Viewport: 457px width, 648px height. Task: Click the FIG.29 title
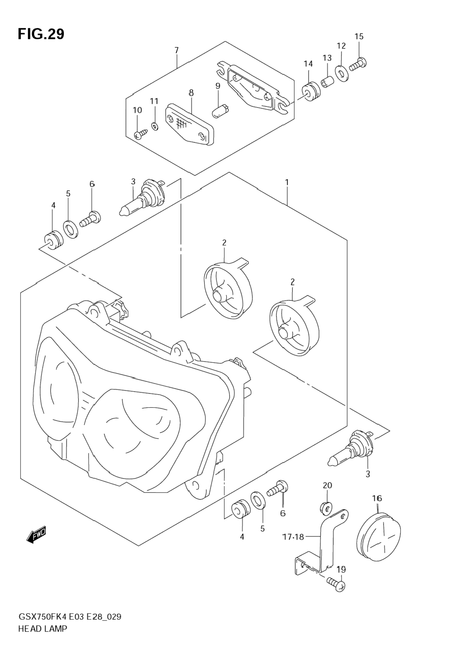tap(41, 34)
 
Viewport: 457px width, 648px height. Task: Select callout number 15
tap(359, 36)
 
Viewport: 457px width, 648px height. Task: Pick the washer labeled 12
tap(342, 73)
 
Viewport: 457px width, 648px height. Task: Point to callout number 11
tap(154, 101)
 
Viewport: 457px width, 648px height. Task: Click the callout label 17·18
tap(293, 537)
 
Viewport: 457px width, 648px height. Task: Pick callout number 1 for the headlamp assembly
tap(287, 182)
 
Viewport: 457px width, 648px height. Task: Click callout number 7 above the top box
tap(177, 50)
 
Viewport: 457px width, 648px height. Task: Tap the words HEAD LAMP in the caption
tap(42, 629)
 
